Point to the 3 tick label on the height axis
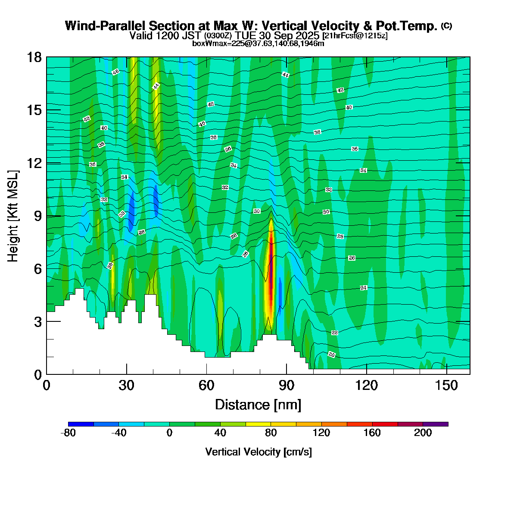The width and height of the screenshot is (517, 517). pos(38,321)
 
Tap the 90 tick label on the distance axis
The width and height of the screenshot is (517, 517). pos(287,385)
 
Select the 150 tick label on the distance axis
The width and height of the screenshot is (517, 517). pos(447,385)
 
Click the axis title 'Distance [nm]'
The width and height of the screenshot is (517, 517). pos(258,405)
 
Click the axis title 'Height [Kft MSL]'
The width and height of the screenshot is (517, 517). pos(13,216)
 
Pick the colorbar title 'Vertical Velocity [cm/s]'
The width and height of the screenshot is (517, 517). pos(258,452)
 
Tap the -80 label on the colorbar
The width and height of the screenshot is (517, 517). pos(69,433)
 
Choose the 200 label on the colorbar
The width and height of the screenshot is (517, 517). pos(423,433)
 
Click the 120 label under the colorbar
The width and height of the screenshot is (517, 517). pos(321,433)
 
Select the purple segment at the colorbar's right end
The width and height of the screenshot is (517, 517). pos(436,424)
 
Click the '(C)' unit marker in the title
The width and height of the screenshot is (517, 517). pos(446,26)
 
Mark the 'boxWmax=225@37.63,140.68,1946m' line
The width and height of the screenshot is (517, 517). pos(258,43)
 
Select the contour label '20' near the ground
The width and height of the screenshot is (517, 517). pos(331,355)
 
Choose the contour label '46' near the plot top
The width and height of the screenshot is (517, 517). pos(115,72)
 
